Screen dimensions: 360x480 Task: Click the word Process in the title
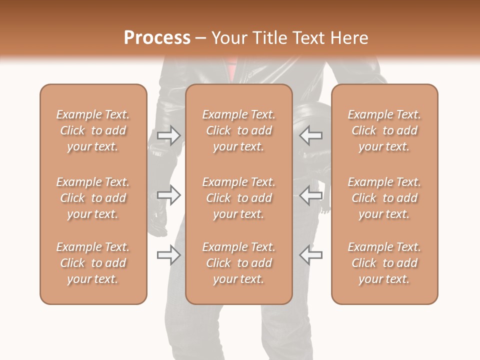click(157, 38)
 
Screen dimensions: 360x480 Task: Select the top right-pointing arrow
click(169, 135)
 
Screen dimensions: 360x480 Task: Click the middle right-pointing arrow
click(169, 195)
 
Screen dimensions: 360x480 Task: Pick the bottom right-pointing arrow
click(169, 255)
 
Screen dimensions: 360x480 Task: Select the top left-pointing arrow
click(311, 135)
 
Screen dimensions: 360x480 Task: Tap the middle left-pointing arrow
click(311, 195)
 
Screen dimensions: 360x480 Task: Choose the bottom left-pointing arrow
click(311, 255)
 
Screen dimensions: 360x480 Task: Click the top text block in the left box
click(93, 130)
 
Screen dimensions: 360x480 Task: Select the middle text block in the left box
click(93, 198)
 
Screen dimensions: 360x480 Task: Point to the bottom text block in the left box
click(93, 263)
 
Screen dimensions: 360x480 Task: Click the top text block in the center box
click(239, 130)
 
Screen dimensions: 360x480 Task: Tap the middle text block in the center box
click(239, 198)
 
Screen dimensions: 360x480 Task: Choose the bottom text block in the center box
click(239, 263)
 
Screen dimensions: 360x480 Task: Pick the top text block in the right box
click(384, 130)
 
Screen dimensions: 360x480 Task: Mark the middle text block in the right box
click(384, 198)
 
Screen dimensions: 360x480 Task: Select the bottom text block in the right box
click(384, 263)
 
